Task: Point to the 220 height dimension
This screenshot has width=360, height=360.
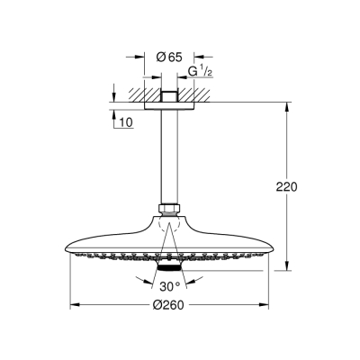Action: click(287, 188)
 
